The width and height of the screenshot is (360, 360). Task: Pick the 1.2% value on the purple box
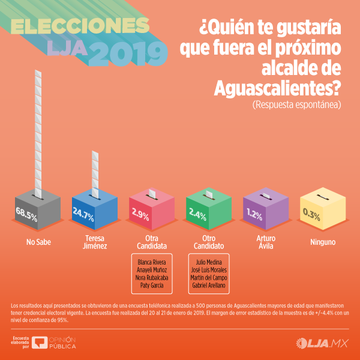(x=254, y=214)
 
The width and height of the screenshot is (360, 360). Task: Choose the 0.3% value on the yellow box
(x=311, y=214)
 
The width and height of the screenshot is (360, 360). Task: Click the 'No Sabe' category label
(x=38, y=242)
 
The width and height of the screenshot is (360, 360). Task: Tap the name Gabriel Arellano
(x=208, y=285)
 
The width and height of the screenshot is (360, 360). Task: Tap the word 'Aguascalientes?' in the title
(x=277, y=88)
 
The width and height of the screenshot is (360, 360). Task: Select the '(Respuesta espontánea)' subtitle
(x=296, y=105)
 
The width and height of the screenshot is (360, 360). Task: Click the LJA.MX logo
(x=322, y=343)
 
